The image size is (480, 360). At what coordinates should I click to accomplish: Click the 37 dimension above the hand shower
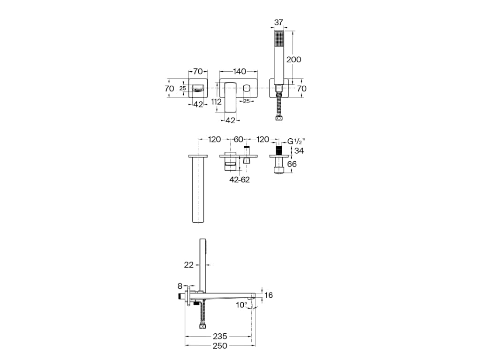click(x=278, y=22)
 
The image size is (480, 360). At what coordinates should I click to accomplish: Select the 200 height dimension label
click(x=293, y=60)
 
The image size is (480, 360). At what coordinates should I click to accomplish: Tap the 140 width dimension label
click(x=240, y=71)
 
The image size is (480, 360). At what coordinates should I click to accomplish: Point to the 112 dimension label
click(x=217, y=102)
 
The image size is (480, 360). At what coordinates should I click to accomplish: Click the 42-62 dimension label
click(x=240, y=180)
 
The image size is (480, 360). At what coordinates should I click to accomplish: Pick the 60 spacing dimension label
click(x=239, y=140)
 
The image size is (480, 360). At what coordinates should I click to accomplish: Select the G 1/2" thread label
click(x=296, y=141)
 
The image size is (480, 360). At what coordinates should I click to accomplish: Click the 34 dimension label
click(x=299, y=150)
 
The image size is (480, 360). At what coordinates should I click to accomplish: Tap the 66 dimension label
click(x=292, y=164)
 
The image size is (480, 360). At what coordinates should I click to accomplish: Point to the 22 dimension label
click(x=189, y=265)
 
